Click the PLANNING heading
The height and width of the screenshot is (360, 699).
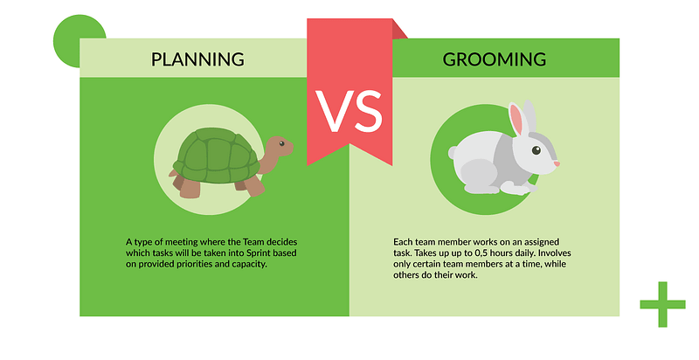point(197,59)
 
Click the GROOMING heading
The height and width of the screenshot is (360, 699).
point(494,59)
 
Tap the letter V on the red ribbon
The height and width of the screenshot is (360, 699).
point(332,111)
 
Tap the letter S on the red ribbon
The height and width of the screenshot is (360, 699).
point(367,111)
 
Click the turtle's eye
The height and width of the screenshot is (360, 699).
point(281,143)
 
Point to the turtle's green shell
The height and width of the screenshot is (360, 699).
point(216,155)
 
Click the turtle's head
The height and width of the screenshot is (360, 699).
point(279,146)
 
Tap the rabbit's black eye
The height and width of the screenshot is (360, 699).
point(536,150)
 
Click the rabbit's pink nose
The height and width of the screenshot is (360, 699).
point(557,164)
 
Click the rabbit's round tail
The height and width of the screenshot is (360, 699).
point(453,153)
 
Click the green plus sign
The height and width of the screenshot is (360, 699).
point(662,304)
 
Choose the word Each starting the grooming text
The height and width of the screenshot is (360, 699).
point(403,242)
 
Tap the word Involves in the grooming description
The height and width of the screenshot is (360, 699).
point(555,253)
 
